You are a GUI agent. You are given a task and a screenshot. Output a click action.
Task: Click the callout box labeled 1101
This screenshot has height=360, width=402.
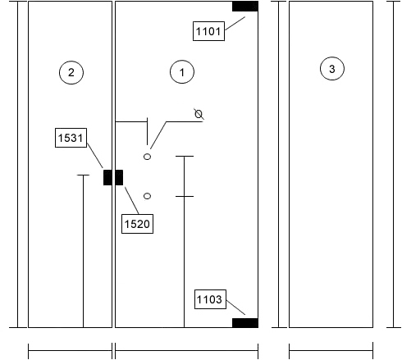pos(208,31)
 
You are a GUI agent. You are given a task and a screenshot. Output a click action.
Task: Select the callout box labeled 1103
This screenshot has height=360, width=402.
pos(210,299)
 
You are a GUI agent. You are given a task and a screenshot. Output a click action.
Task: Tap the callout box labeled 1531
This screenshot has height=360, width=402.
pos(71,138)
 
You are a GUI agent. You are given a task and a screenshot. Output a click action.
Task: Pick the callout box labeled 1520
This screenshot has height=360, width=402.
pos(137,224)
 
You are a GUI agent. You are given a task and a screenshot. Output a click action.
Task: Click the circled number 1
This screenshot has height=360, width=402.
pos(182,72)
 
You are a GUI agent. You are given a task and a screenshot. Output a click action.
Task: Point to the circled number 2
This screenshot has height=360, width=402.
pos(71,72)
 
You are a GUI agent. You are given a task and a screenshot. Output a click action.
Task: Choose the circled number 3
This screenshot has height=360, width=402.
pos(332,69)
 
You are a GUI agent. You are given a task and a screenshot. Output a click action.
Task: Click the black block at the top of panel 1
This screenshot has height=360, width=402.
pos(245,7)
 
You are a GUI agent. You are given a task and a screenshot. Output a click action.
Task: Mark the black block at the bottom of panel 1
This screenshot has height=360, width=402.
pos(245,323)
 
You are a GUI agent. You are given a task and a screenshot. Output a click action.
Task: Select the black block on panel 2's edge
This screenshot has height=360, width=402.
pos(107,177)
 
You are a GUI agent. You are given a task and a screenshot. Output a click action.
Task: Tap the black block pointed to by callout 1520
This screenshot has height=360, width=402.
pos(119,177)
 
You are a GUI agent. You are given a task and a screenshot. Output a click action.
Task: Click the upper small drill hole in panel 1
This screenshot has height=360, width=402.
pos(147,157)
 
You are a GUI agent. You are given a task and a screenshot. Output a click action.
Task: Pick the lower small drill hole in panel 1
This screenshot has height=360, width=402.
pos(147,196)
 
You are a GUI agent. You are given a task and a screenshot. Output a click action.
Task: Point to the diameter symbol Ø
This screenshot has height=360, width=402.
pos(199,114)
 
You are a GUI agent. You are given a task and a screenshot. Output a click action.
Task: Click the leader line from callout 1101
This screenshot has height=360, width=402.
pos(235,24)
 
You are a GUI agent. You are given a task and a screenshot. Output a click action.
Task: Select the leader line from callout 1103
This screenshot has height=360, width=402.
pos(235,308)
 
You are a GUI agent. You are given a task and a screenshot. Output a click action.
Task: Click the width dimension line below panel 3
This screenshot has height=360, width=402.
pos(331,350)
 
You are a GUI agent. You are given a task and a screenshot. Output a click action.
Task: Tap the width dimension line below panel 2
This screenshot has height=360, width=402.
pos(70,350)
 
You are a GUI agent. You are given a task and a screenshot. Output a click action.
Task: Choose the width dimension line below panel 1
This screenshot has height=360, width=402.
pos(186,350)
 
